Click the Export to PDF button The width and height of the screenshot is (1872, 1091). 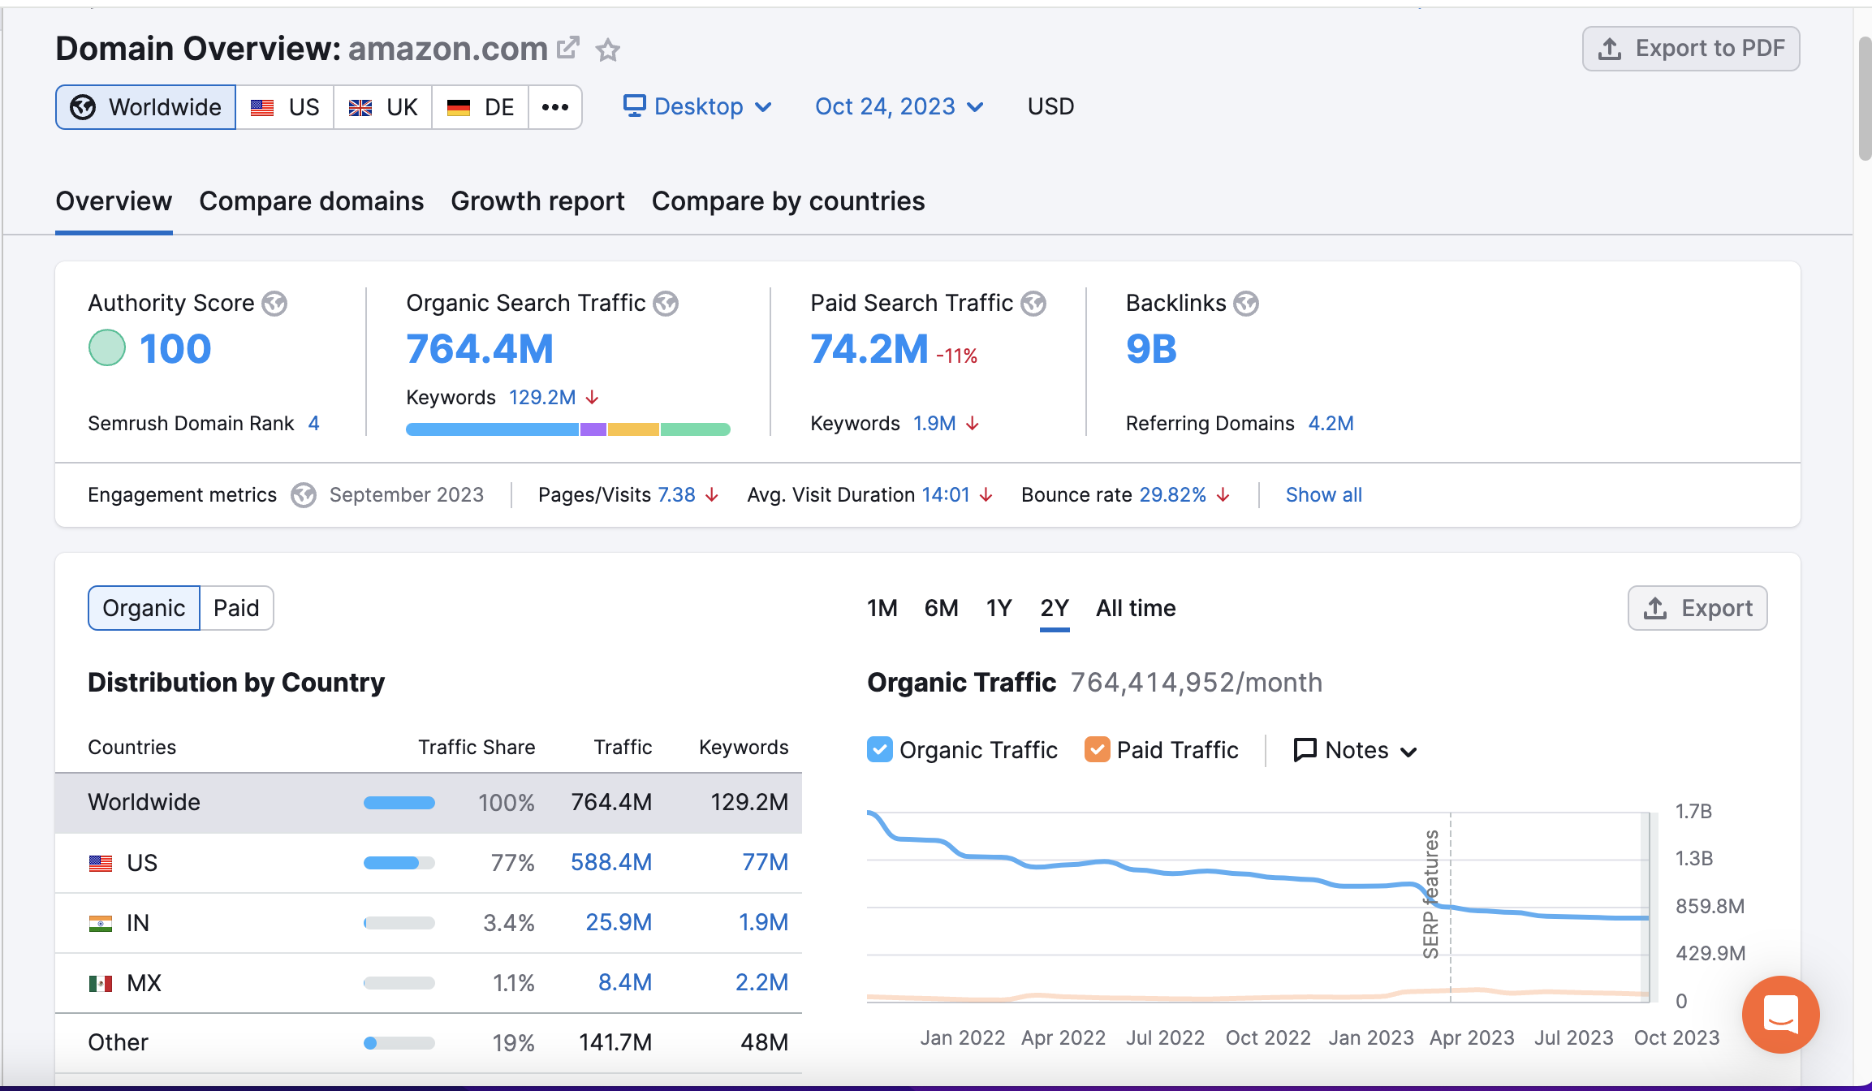[x=1691, y=49]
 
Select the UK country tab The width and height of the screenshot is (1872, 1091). [x=383, y=107]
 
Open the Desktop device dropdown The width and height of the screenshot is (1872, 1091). [x=697, y=107]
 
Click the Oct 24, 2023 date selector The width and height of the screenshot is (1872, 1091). [x=899, y=107]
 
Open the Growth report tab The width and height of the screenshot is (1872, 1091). [x=537, y=201]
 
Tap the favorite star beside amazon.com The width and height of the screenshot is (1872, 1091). [x=608, y=50]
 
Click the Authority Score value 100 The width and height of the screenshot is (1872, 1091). [x=175, y=349]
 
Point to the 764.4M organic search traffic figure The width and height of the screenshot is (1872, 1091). [x=480, y=349]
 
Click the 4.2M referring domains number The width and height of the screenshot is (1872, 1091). [x=1331, y=424]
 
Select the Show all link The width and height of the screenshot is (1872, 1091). [x=1323, y=495]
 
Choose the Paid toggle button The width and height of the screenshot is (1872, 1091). [x=236, y=608]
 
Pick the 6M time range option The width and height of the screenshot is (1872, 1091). [x=941, y=608]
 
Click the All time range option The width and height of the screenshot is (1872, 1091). [x=1136, y=608]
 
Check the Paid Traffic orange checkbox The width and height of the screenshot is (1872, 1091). [x=1097, y=749]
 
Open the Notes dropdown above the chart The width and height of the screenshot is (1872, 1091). [x=1355, y=750]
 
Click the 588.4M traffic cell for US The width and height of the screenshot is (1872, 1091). [x=611, y=862]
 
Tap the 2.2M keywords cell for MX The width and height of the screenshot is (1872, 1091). [x=761, y=982]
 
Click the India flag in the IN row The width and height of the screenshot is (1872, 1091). [x=101, y=923]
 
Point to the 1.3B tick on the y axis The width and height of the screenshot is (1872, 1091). [x=1694, y=859]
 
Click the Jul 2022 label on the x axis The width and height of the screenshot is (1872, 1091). [x=1165, y=1037]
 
